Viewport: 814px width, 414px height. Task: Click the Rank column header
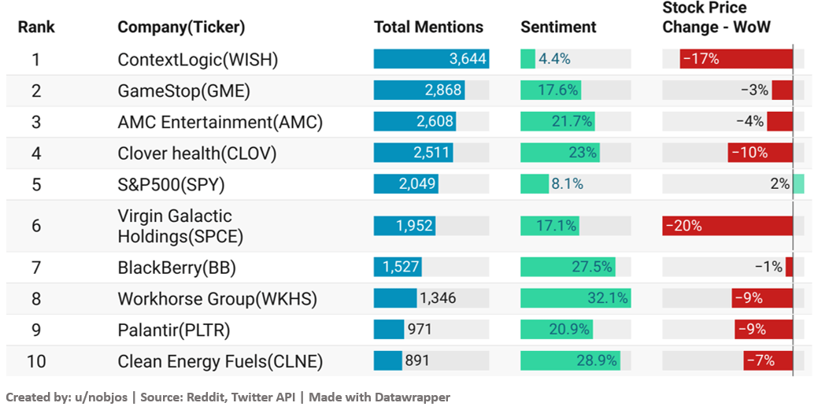click(36, 27)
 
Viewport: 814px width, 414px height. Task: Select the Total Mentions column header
click(428, 27)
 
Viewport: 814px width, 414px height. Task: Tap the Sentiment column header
click(558, 27)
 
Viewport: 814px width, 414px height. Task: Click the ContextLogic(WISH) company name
click(198, 59)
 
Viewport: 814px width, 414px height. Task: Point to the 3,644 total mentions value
click(468, 59)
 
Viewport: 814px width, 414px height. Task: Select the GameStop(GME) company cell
click(183, 91)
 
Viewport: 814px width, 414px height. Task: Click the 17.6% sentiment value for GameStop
click(558, 91)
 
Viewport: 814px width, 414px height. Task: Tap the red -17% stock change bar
click(736, 59)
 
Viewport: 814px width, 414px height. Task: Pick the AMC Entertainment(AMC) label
click(220, 122)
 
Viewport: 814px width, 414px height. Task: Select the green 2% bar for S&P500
click(798, 184)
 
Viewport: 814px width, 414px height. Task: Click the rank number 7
click(36, 268)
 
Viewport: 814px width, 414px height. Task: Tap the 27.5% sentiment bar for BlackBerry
click(568, 268)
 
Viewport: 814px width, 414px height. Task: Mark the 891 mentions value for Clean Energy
click(417, 360)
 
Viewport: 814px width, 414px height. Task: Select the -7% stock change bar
click(768, 360)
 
